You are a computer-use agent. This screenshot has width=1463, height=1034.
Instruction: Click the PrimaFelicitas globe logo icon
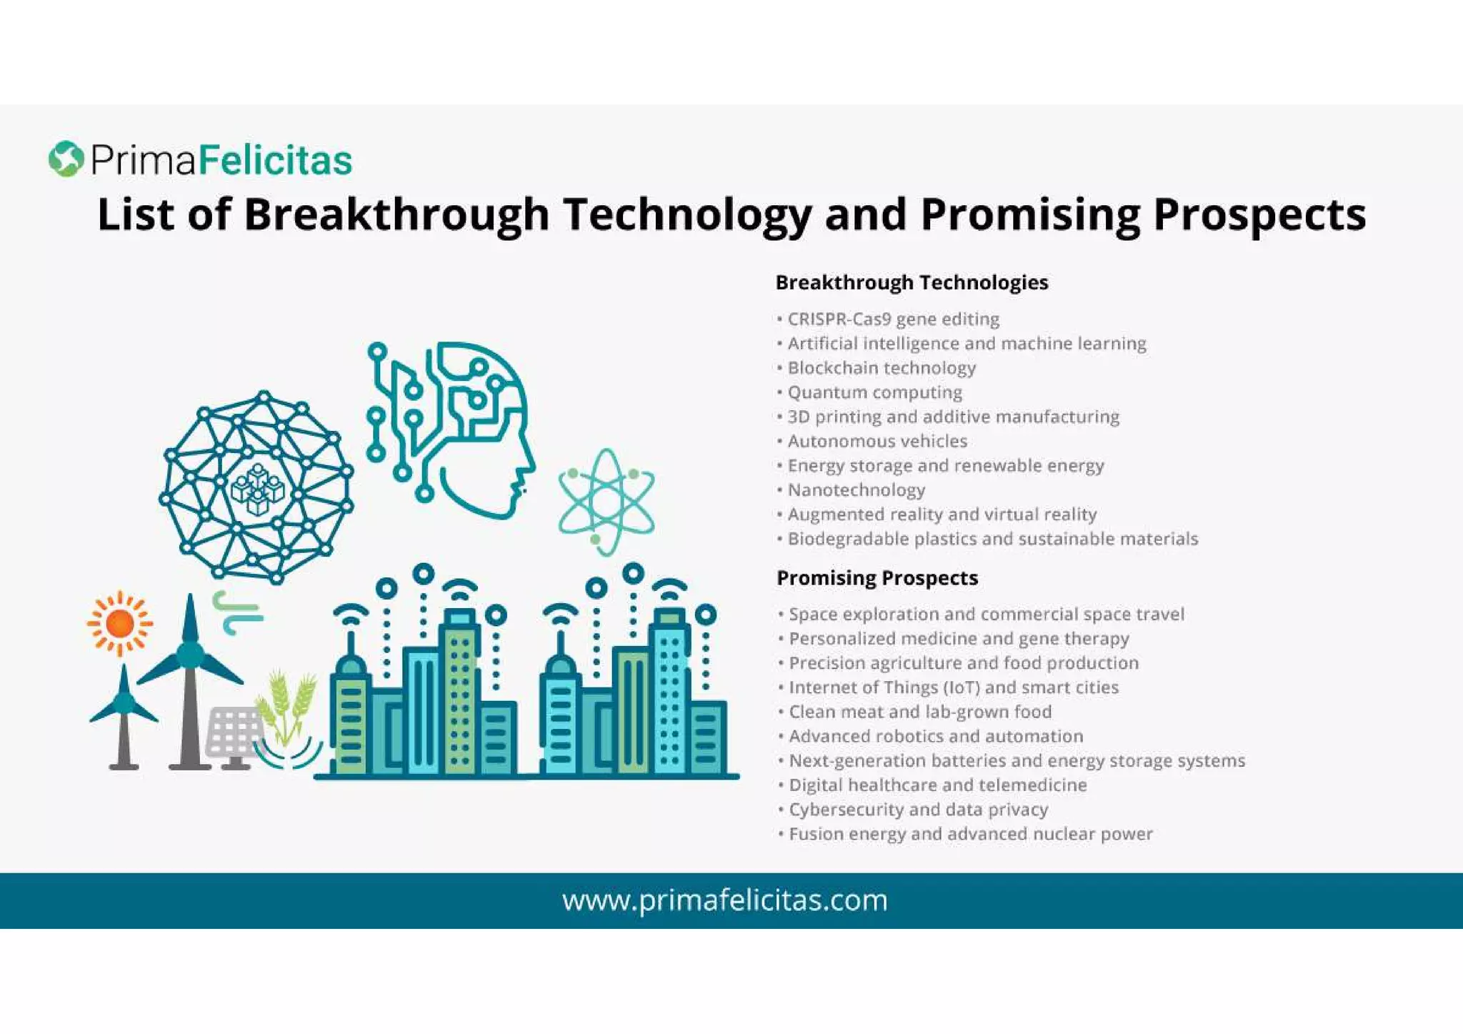[x=66, y=159]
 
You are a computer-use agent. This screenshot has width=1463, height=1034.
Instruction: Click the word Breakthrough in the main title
[x=396, y=214]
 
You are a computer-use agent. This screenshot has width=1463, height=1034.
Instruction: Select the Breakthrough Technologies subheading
[x=912, y=283]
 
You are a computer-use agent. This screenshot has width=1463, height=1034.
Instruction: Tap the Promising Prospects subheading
[x=877, y=578]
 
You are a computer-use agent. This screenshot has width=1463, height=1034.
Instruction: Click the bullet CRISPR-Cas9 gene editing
[x=893, y=319]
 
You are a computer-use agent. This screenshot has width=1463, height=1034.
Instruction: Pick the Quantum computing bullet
[x=874, y=393]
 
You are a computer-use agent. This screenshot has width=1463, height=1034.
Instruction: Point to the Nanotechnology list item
[x=856, y=490]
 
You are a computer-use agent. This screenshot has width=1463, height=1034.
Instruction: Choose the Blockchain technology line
[x=882, y=368]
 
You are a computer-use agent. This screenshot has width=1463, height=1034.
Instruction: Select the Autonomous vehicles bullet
[x=877, y=442]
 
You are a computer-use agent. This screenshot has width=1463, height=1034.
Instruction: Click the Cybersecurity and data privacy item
[x=918, y=810]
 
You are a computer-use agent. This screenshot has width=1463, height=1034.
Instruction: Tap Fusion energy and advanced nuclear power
[x=970, y=834]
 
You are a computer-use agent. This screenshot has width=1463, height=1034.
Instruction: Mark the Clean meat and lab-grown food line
[x=920, y=712]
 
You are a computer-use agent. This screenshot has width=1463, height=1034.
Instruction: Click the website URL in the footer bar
[x=724, y=900]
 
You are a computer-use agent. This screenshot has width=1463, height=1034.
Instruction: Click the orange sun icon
[x=119, y=624]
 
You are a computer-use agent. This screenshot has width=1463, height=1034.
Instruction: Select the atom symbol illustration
[x=606, y=501]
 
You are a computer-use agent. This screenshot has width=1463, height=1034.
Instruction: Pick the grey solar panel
[x=234, y=732]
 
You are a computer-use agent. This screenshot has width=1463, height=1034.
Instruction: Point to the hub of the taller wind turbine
[x=190, y=655]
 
